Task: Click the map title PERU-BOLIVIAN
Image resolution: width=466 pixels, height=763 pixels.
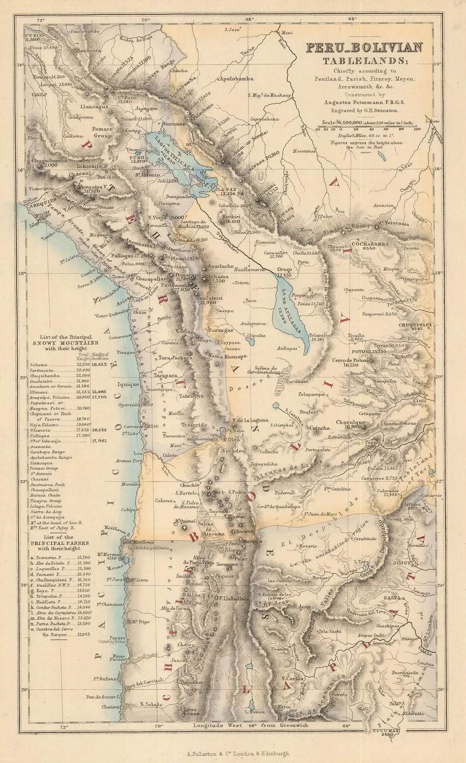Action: coord(364,48)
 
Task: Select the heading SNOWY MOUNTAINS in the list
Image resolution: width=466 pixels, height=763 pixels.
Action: coord(62,342)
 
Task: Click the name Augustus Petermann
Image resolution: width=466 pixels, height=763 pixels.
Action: coord(358,103)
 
